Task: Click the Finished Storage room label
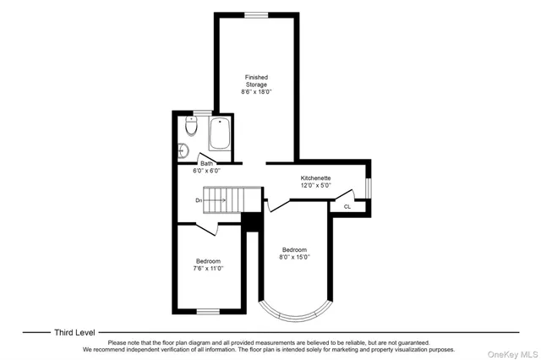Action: pos(256,81)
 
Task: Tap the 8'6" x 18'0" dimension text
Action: pos(256,91)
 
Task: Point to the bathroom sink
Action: pos(183,150)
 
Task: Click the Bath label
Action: pos(207,164)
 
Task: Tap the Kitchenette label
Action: pos(316,178)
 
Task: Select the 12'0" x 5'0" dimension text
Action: pos(316,186)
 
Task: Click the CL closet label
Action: pos(347,206)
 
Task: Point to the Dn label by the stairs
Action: pos(198,200)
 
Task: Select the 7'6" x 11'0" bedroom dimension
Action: pos(208,268)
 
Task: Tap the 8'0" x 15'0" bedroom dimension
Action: pos(294,257)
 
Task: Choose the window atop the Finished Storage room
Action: pos(256,14)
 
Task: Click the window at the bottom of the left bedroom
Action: pos(209,312)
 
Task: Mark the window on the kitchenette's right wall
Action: pos(369,185)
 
